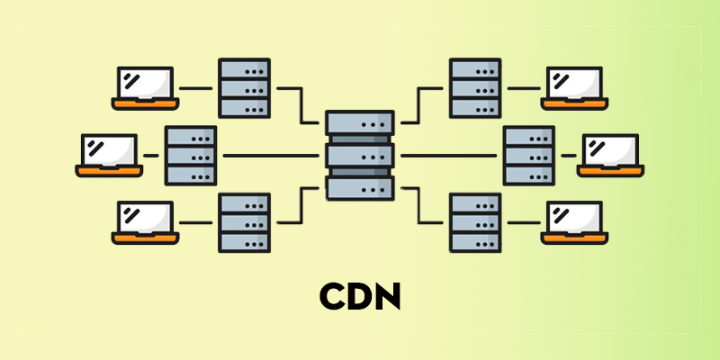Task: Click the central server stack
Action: pyautogui.click(x=360, y=156)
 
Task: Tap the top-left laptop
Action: pyautogui.click(x=145, y=86)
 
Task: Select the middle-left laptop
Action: pyautogui.click(x=109, y=154)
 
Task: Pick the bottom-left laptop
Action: pyautogui.click(x=145, y=221)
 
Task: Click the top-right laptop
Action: pyautogui.click(x=575, y=86)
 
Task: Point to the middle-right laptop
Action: pyautogui.click(x=611, y=154)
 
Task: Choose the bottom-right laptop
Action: pyautogui.click(x=575, y=221)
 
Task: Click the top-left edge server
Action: pyautogui.click(x=244, y=87)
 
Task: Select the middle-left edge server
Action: pyautogui.click(x=191, y=156)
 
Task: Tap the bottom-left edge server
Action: pyautogui.click(x=244, y=222)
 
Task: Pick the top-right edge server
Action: pyautogui.click(x=476, y=87)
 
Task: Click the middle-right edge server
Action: pyautogui.click(x=529, y=156)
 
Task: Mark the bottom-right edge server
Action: pyautogui.click(x=476, y=222)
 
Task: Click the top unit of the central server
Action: pyautogui.click(x=360, y=123)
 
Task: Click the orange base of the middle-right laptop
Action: pyautogui.click(x=611, y=169)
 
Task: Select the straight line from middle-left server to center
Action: pyautogui.click(x=270, y=156)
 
